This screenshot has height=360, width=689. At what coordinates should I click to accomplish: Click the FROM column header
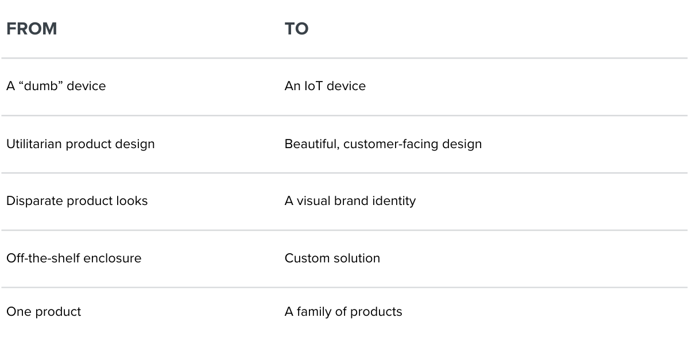[32, 29]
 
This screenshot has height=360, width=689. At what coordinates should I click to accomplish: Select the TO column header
[296, 29]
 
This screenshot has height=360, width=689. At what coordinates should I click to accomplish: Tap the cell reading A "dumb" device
[56, 86]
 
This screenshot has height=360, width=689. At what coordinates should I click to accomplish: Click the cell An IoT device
[325, 86]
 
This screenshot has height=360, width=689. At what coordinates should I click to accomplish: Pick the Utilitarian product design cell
[80, 144]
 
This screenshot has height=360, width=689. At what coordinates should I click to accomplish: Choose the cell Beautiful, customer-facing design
[383, 144]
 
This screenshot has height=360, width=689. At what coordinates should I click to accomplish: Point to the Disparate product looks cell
[77, 201]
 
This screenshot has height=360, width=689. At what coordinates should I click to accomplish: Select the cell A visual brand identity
[350, 201]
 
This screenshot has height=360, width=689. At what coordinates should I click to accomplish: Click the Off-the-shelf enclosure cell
[73, 258]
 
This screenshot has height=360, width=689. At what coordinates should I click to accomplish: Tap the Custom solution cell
[332, 258]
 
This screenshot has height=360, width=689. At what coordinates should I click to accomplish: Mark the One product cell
[44, 312]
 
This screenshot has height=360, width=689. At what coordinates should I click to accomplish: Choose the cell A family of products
[343, 312]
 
